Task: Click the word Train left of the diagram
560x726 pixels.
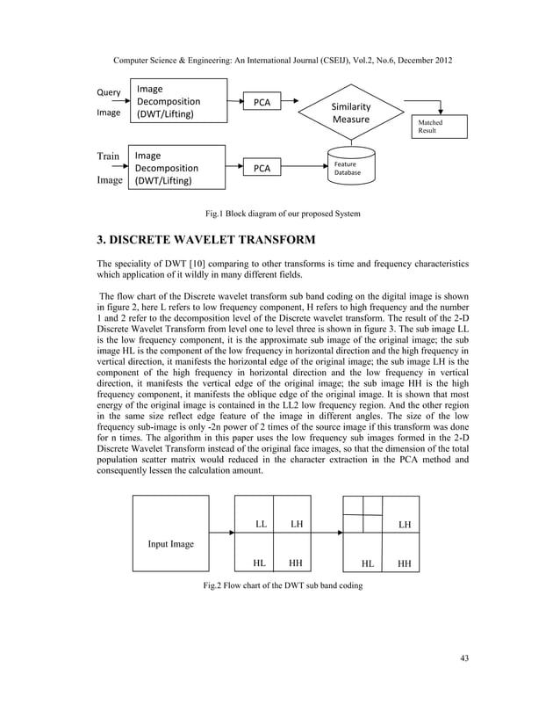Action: (x=108, y=156)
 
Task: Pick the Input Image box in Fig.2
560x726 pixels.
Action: (x=170, y=534)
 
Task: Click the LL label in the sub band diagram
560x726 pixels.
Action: (x=261, y=524)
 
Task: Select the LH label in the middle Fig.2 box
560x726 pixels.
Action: (x=297, y=524)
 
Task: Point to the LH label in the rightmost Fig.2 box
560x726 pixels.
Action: (x=404, y=525)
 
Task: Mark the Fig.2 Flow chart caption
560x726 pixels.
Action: (x=279, y=586)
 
